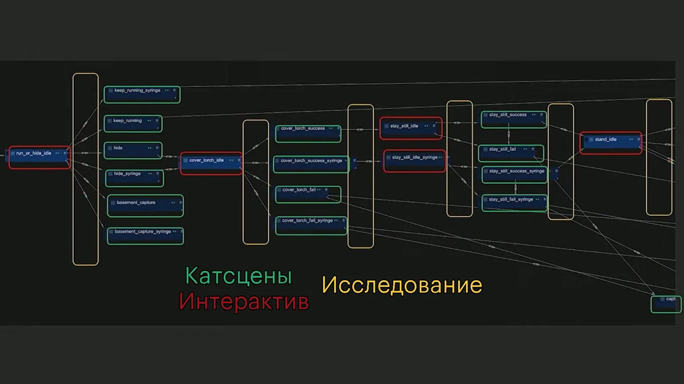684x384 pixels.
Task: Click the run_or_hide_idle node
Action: (x=40, y=157)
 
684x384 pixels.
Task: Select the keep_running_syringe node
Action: (x=142, y=94)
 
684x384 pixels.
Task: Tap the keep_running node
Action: (x=133, y=123)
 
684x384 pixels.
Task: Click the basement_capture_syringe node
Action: (x=145, y=236)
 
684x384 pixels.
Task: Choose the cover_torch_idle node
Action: (x=211, y=163)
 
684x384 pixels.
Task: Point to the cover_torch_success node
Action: (x=308, y=133)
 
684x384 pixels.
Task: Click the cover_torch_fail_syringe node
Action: (x=311, y=225)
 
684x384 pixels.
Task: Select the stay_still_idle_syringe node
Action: (x=414, y=161)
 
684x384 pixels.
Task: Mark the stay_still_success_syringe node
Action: (x=515, y=175)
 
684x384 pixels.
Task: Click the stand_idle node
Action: (x=611, y=143)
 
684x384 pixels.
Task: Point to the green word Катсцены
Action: (x=239, y=276)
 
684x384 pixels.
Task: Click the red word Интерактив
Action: (x=243, y=302)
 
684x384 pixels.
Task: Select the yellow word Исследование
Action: (x=402, y=285)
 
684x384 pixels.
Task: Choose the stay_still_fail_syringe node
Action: (x=514, y=203)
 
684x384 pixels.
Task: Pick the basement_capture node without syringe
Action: (x=145, y=206)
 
